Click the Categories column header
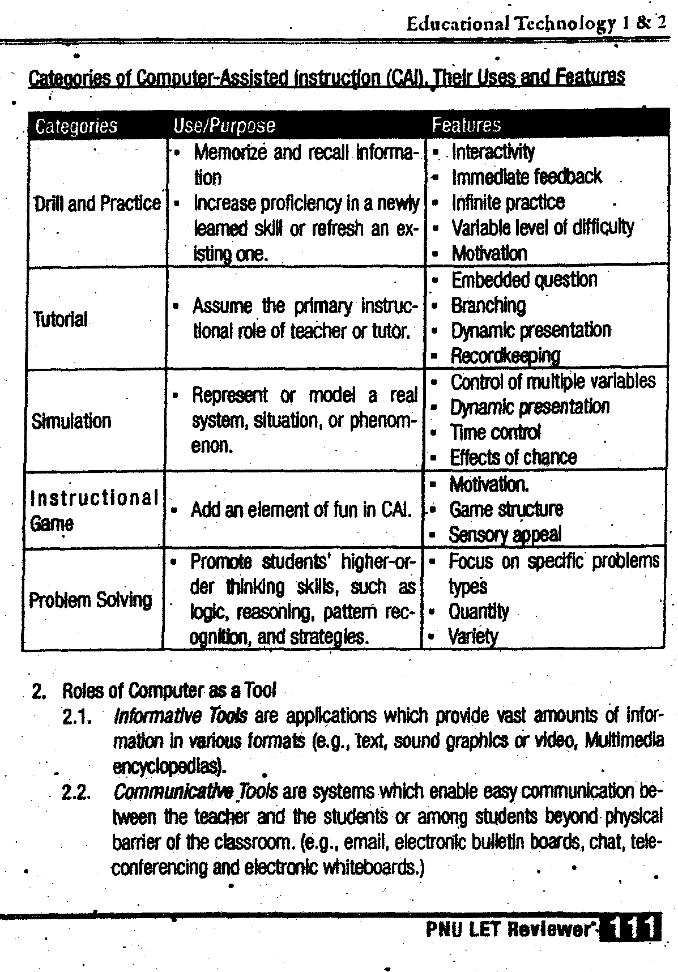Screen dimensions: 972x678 tap(76, 126)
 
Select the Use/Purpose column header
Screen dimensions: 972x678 tap(224, 126)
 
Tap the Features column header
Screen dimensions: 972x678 tap(466, 125)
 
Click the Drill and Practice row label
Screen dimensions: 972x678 tap(97, 203)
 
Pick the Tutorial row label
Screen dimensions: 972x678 tap(61, 319)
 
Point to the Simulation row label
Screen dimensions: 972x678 tap(71, 421)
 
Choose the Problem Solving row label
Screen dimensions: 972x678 tap(91, 600)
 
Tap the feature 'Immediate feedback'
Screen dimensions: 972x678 tap(526, 177)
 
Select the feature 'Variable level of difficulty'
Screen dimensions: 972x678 tap(542, 228)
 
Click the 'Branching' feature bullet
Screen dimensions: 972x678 tap(488, 306)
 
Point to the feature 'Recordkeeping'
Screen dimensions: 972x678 tap(505, 356)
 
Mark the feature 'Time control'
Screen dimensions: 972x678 tap(496, 432)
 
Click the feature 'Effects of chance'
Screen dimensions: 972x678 tap(513, 457)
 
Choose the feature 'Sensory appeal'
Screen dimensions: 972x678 tap(505, 534)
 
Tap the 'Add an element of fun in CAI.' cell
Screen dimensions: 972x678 tap(301, 510)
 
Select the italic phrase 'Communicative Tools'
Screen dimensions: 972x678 tap(195, 791)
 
